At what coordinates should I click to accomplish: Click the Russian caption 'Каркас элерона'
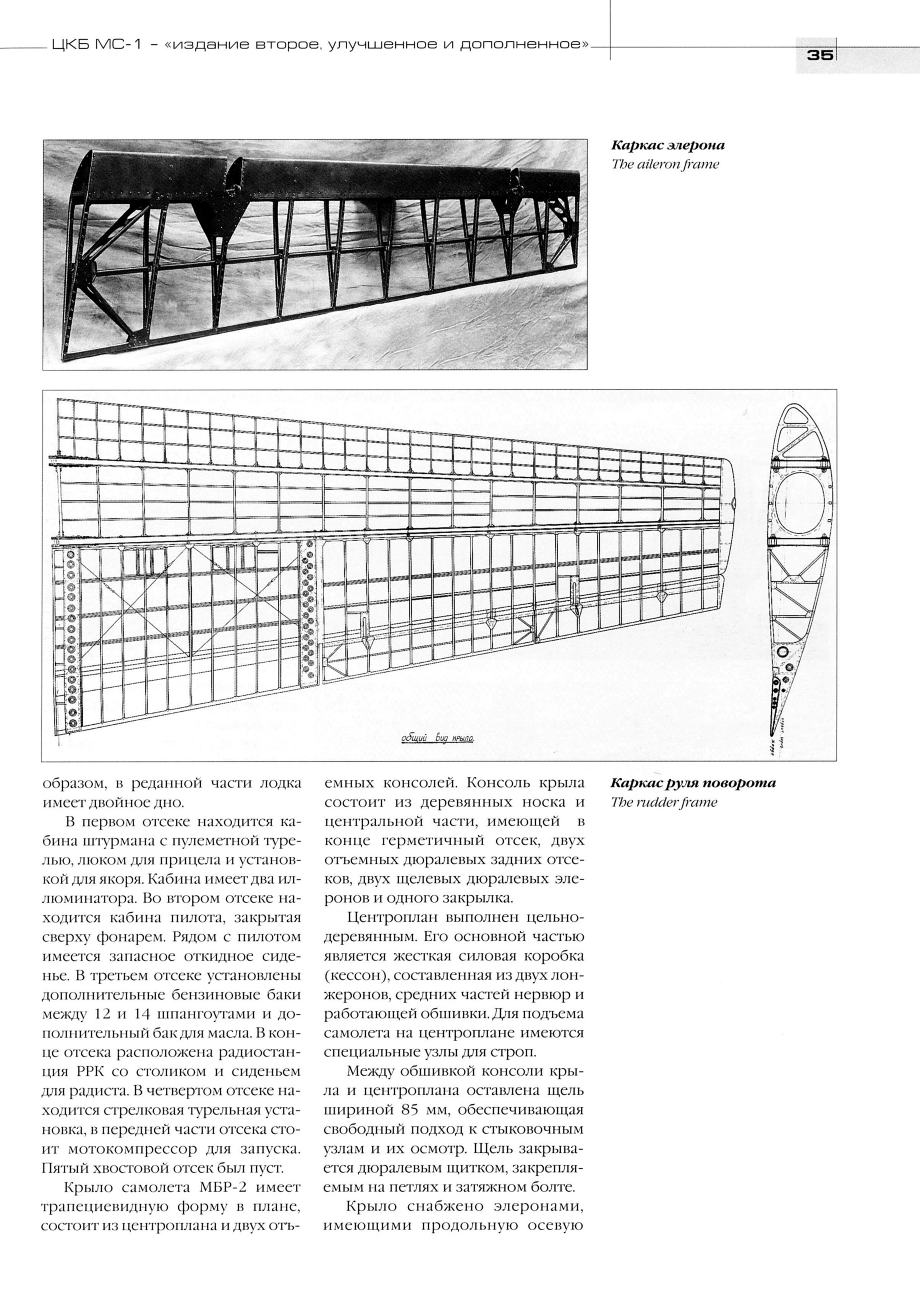pos(667,146)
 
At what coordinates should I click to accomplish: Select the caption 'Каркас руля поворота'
pos(693,783)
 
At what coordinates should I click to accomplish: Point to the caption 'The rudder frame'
pos(664,803)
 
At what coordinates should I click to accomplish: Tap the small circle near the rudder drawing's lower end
pos(782,652)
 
